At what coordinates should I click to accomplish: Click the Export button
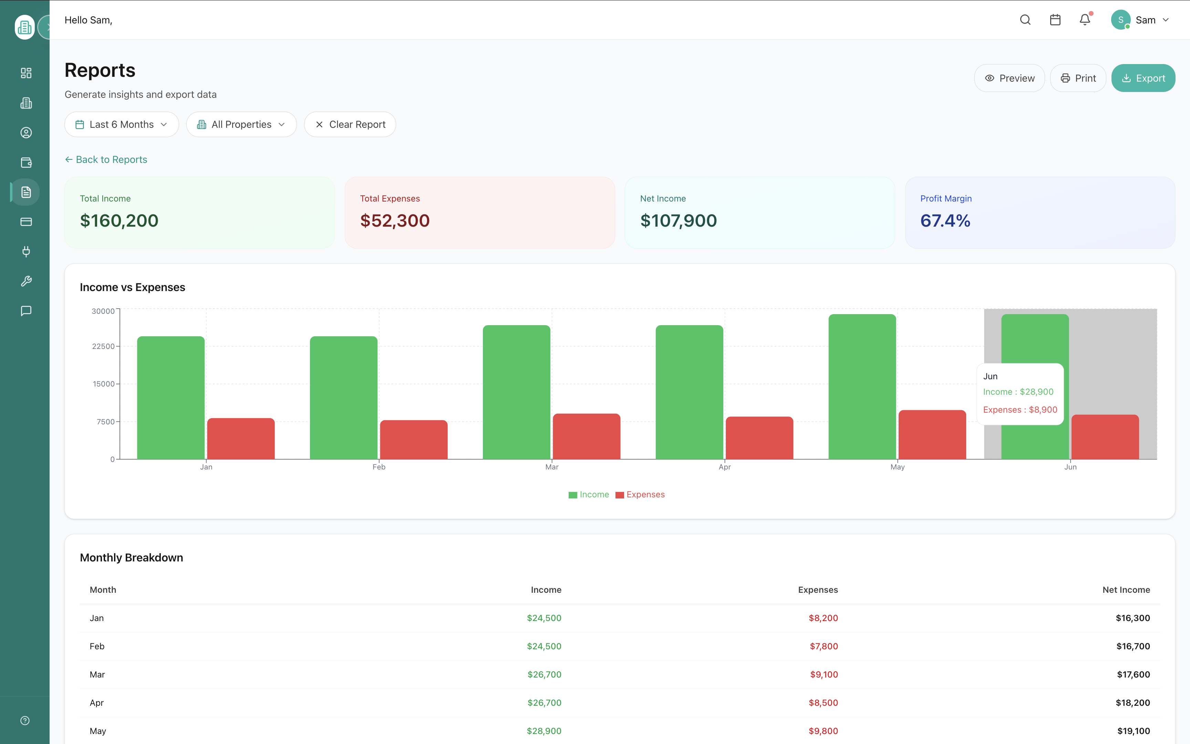[1143, 78]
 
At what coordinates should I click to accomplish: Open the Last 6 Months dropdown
[122, 124]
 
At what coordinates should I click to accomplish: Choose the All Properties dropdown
[241, 124]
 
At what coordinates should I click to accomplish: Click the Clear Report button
[350, 124]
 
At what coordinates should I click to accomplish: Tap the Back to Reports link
[106, 159]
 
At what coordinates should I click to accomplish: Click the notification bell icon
[1085, 20]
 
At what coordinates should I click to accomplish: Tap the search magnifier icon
[1025, 20]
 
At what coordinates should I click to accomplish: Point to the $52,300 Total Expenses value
[394, 220]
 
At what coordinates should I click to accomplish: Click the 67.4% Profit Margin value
[945, 220]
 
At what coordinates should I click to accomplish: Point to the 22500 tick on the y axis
[103, 347]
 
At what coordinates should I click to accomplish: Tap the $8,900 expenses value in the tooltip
[1043, 410]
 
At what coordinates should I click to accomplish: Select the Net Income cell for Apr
[1132, 703]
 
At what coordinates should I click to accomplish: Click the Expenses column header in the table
[818, 589]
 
